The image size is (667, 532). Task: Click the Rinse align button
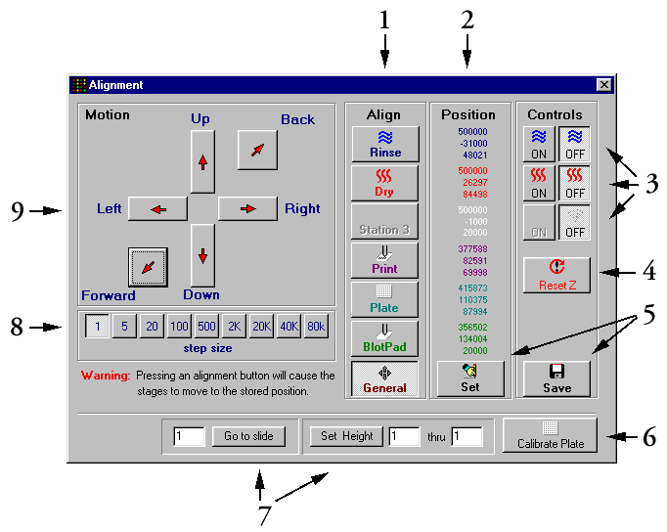tap(385, 144)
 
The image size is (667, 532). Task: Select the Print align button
tap(385, 260)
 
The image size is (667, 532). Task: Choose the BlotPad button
tap(385, 338)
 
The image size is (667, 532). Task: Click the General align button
tap(385, 378)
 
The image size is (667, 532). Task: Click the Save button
tap(556, 377)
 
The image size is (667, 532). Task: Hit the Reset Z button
tap(556, 276)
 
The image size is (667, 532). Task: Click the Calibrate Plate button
tap(550, 435)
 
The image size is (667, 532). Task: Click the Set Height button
tap(347, 436)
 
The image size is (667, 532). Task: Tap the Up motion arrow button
tap(202, 161)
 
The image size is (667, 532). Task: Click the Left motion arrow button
tap(157, 208)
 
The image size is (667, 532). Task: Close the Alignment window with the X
tap(603, 85)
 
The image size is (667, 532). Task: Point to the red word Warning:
tap(105, 375)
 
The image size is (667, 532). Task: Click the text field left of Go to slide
tap(189, 436)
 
